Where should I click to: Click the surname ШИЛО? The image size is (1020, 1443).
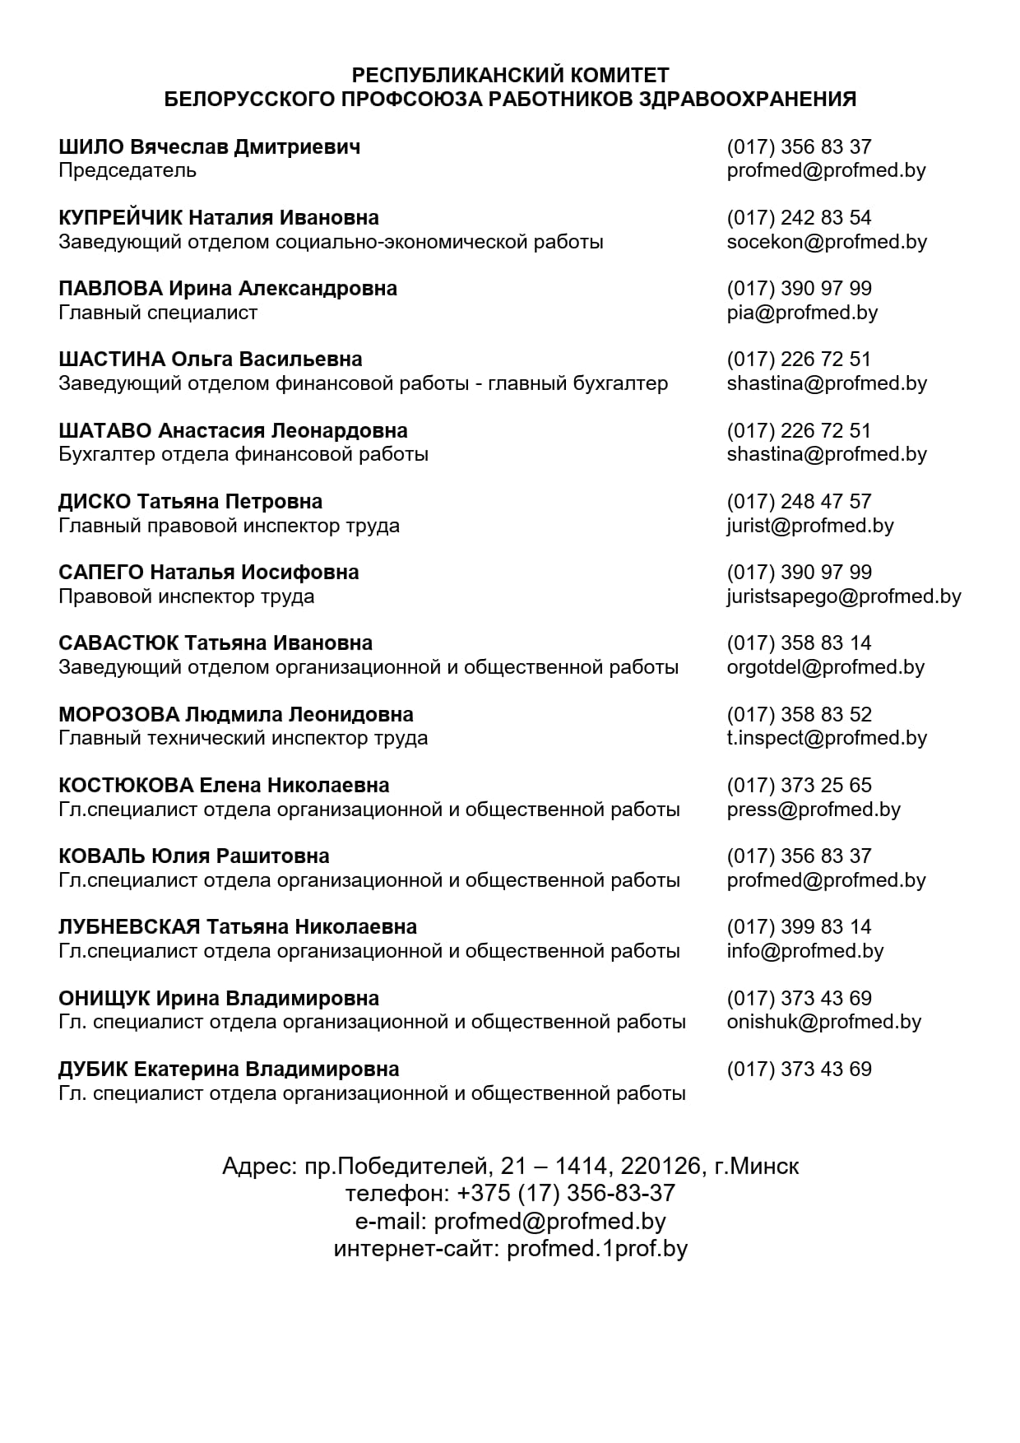coord(91,147)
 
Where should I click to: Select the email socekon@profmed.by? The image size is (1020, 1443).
coord(827,242)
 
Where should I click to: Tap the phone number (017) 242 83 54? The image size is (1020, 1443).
coord(799,218)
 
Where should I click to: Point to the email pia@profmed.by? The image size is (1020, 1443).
coord(802,313)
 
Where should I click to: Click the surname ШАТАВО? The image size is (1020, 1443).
coord(105,431)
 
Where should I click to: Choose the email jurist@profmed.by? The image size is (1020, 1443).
coord(810,526)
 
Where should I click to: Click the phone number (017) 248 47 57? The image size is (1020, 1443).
coord(799,502)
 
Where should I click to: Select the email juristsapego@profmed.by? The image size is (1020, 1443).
coord(844,596)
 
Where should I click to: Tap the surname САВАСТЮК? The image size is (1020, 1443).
coord(118,643)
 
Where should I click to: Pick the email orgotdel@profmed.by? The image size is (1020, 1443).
coord(826,667)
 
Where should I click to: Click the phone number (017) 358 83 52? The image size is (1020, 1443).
coord(799,715)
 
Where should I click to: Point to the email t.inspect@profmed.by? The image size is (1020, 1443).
coord(827,738)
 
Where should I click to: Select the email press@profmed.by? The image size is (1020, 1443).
coord(814,810)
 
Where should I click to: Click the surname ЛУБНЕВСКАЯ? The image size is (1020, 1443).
coord(129,927)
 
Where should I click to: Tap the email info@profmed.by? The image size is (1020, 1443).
coord(805,951)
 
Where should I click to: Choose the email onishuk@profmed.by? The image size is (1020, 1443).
coord(824,1022)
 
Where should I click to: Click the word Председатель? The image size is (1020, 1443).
coord(128,171)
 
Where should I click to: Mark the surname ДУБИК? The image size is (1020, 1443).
coord(93,1069)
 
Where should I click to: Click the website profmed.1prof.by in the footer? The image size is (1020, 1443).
coord(597,1249)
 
